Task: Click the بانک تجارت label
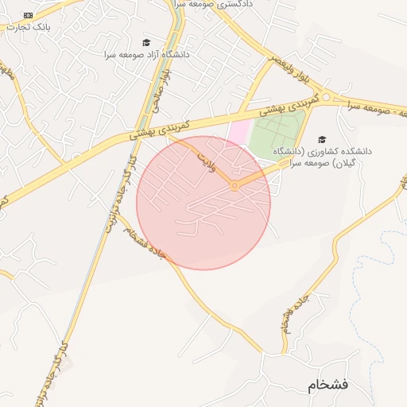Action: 28,26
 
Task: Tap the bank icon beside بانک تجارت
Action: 29,15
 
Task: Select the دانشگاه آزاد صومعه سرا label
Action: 148,55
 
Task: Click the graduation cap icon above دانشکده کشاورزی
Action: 322,138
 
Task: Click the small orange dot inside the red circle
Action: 234,186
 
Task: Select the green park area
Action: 276,135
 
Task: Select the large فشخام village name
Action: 328,386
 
